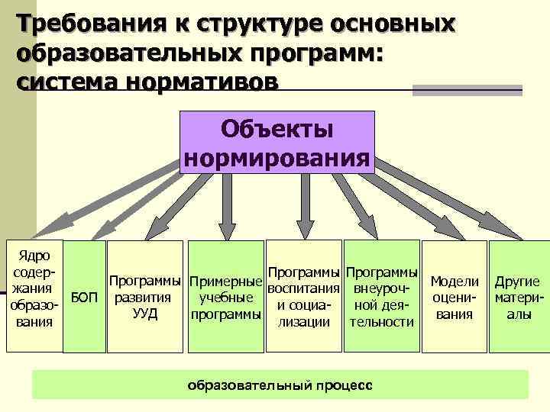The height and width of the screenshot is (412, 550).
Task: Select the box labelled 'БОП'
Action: coord(83,296)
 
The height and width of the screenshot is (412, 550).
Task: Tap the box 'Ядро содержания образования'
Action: coord(33,296)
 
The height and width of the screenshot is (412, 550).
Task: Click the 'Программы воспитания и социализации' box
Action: coord(304,296)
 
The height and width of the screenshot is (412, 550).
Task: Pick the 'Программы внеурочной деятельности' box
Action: coord(381,296)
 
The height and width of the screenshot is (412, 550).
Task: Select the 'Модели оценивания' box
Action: coord(455,296)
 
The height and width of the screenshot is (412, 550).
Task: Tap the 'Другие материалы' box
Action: coord(518,296)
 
